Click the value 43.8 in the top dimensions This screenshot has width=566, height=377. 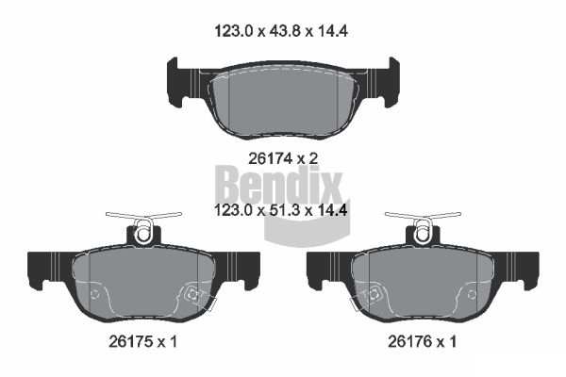[x=283, y=30]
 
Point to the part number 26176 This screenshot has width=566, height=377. [x=402, y=343]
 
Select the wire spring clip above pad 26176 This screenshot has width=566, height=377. [x=423, y=223]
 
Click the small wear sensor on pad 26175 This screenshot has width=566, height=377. [x=193, y=295]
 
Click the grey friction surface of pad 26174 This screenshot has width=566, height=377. [x=283, y=99]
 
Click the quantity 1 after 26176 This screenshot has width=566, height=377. [x=454, y=343]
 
